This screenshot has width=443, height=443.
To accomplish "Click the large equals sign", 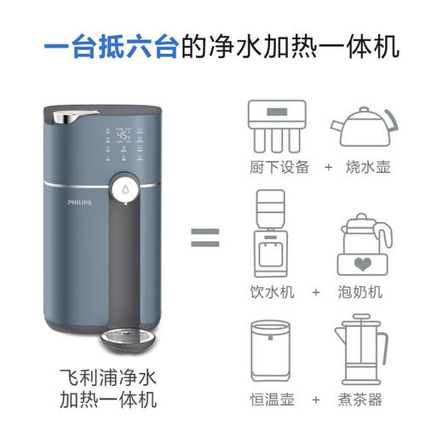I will click(x=206, y=235).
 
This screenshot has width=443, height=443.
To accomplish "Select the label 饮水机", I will click(x=273, y=292).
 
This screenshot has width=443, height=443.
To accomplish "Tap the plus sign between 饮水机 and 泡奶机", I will click(x=316, y=292).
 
